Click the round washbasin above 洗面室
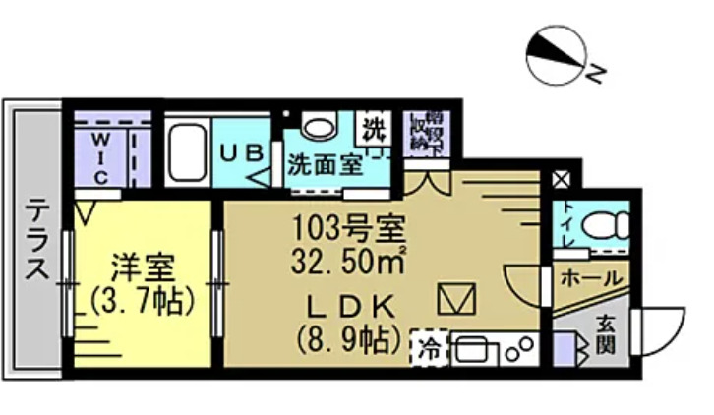pos(318,126)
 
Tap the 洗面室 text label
pos(323,164)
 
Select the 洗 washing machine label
pos(373,128)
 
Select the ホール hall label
pos(590,278)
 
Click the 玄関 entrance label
pos(605,334)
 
